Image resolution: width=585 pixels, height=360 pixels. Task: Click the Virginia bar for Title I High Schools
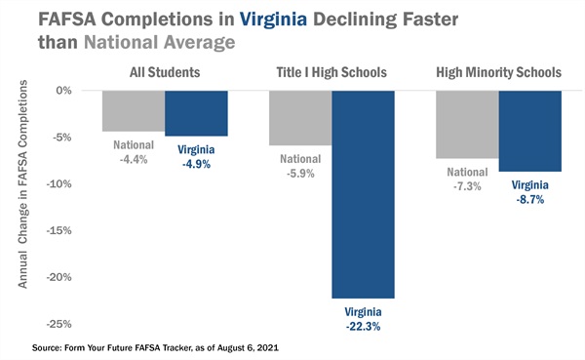tap(363, 194)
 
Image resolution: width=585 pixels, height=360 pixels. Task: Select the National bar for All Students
tap(133, 110)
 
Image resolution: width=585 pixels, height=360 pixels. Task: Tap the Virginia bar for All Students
tap(196, 113)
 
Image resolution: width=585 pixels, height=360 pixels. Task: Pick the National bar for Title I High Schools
tap(299, 117)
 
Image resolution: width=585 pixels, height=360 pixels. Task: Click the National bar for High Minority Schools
tap(466, 124)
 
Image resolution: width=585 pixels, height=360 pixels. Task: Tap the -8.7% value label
tap(529, 198)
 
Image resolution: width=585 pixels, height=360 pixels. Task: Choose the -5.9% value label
tap(300, 173)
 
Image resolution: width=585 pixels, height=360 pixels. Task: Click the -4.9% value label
tap(196, 164)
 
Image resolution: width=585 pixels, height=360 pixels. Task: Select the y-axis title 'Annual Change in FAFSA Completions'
tap(23, 195)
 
